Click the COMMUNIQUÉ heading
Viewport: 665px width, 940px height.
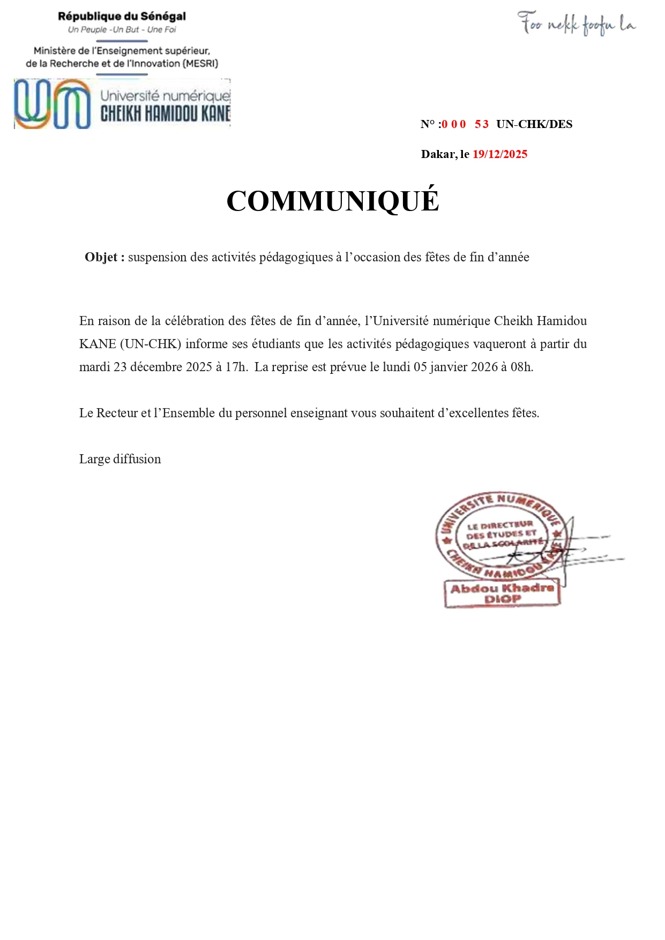tap(332, 201)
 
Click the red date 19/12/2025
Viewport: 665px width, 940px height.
tap(499, 154)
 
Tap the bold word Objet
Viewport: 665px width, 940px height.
tap(101, 257)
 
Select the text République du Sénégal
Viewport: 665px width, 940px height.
tap(122, 17)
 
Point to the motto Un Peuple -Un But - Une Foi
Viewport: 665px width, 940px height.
tap(122, 30)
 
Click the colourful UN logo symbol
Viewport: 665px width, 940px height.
tap(53, 104)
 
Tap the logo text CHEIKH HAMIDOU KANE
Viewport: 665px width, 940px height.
tap(165, 114)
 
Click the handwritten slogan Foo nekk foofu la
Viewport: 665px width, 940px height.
tap(576, 24)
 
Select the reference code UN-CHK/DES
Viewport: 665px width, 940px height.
tap(534, 124)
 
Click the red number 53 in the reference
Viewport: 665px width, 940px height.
tap(481, 124)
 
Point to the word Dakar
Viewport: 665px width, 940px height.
tap(439, 154)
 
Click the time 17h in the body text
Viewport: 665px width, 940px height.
tap(236, 367)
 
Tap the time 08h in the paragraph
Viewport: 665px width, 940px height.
tap(522, 367)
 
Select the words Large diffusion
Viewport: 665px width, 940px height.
tap(120, 459)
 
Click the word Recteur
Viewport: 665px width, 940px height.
tap(117, 413)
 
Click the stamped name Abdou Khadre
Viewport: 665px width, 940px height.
tap(502, 588)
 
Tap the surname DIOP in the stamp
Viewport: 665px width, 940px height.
tap(502, 599)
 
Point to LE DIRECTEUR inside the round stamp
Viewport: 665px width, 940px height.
tap(500, 525)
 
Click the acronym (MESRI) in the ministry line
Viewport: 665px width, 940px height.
tap(200, 63)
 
